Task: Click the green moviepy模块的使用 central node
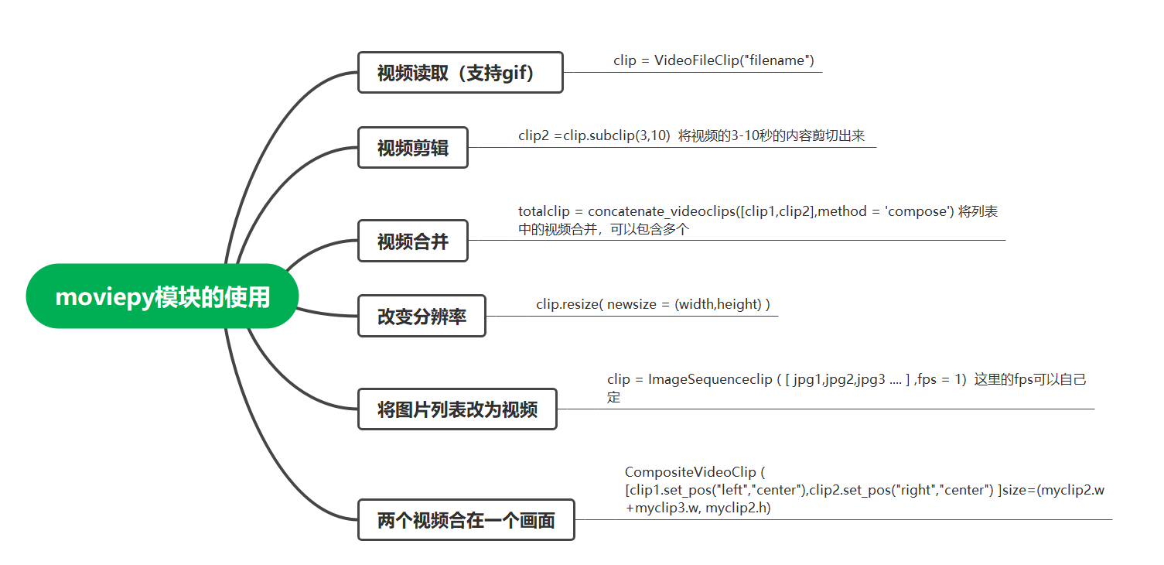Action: click(162, 296)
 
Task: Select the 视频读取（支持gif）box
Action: click(459, 73)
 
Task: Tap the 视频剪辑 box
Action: click(413, 147)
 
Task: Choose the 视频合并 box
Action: click(413, 241)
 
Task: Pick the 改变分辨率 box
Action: click(422, 316)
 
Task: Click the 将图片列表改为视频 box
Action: click(457, 409)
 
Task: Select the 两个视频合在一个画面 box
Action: click(466, 519)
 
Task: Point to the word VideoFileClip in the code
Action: click(697, 60)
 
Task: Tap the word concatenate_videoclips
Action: click(661, 211)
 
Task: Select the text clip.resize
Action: click(568, 304)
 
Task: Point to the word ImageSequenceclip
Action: click(710, 379)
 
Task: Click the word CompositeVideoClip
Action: click(691, 472)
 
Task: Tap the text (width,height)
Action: click(719, 304)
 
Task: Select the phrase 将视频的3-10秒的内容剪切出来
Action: click(771, 135)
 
